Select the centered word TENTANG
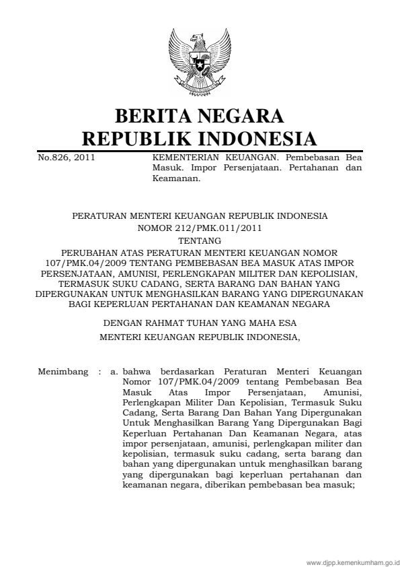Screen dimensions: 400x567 click(200, 239)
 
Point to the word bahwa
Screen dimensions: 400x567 click(138, 371)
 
